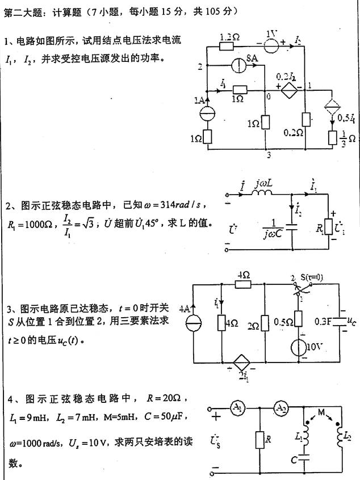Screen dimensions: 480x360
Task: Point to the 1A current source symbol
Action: point(208,112)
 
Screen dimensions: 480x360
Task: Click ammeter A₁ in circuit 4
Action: point(237,408)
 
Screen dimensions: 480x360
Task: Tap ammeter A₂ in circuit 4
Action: point(281,408)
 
